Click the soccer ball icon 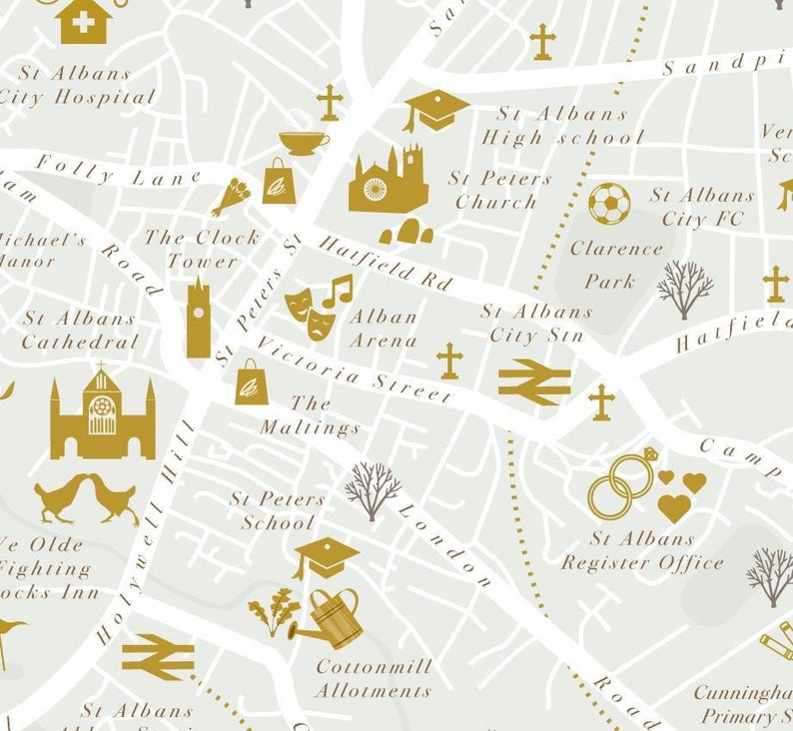click(608, 204)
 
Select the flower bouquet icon click(230, 196)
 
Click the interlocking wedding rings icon click(617, 486)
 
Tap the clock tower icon click(198, 317)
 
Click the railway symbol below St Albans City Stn click(534, 382)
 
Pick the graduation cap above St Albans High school click(436, 109)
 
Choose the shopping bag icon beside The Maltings click(251, 381)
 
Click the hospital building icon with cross click(85, 21)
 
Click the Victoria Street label click(352, 369)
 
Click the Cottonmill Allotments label click(374, 678)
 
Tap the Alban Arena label click(383, 328)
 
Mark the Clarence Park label click(614, 265)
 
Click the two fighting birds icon click(86, 499)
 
